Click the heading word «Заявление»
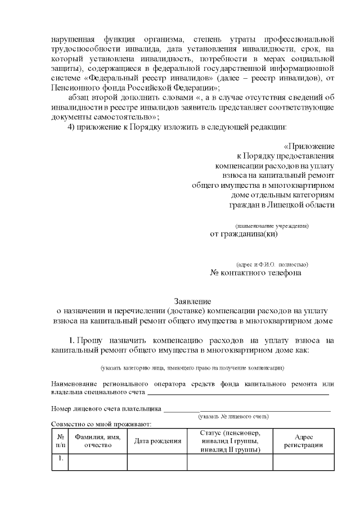192,301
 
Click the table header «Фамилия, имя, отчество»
98,441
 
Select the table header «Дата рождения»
157,441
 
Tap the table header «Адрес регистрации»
303,441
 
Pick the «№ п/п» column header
60,441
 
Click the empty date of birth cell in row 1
157,461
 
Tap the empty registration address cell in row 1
303,461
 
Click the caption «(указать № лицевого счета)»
233,416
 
